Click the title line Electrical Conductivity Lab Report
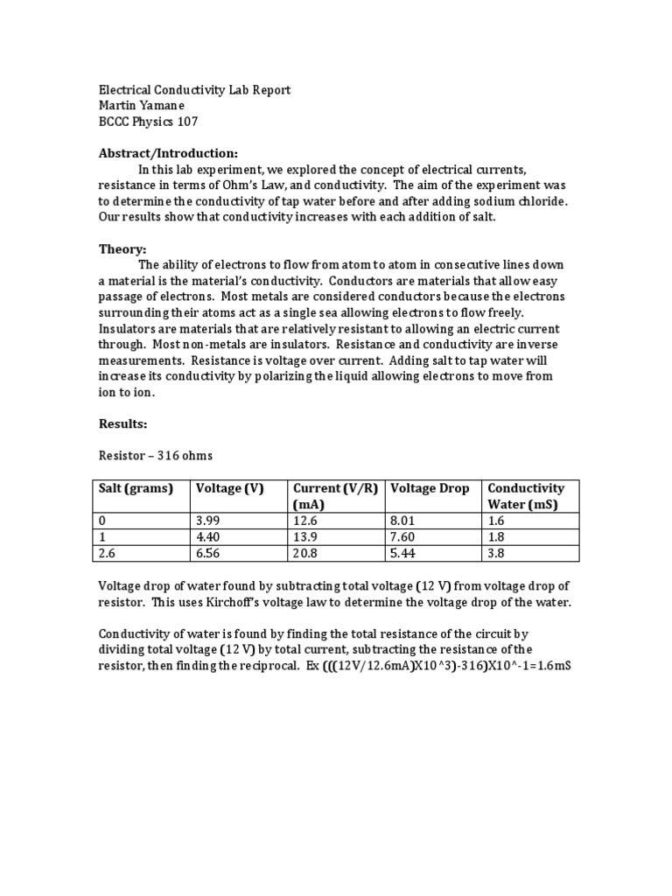pyautogui.click(x=193, y=90)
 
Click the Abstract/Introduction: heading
pyautogui.click(x=168, y=153)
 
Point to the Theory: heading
pyautogui.click(x=122, y=249)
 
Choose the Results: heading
pyautogui.click(x=123, y=423)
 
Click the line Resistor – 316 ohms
pyautogui.click(x=156, y=456)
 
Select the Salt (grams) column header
pyautogui.click(x=136, y=488)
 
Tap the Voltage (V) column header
pyautogui.click(x=229, y=488)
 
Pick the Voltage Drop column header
pyautogui.click(x=429, y=488)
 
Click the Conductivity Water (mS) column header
pyautogui.click(x=525, y=496)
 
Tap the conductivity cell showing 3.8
pyautogui.click(x=496, y=553)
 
